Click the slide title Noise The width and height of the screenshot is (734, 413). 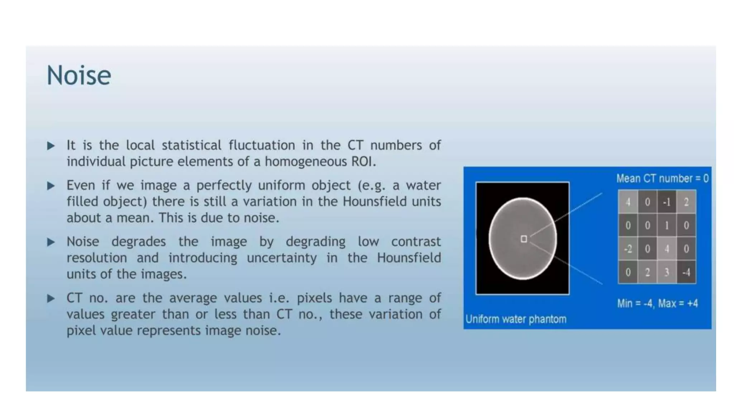(x=79, y=76)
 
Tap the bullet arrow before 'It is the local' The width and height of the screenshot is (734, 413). (x=51, y=146)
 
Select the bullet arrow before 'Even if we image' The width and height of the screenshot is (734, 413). (x=51, y=186)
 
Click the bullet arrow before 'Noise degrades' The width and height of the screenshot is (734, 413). (x=51, y=242)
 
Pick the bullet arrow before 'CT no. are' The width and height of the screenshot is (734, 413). (x=51, y=298)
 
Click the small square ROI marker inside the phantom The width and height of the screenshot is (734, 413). (x=524, y=239)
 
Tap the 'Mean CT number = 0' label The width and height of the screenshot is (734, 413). (x=662, y=179)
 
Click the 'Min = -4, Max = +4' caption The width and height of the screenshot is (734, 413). (x=657, y=304)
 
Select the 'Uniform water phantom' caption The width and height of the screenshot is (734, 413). (x=516, y=319)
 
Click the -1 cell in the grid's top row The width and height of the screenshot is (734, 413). (x=667, y=202)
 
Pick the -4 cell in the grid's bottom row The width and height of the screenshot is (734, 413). (x=686, y=272)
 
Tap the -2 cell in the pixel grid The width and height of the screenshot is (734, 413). (x=628, y=249)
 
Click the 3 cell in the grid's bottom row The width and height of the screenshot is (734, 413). (x=667, y=272)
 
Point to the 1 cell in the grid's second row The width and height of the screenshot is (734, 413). (x=667, y=226)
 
